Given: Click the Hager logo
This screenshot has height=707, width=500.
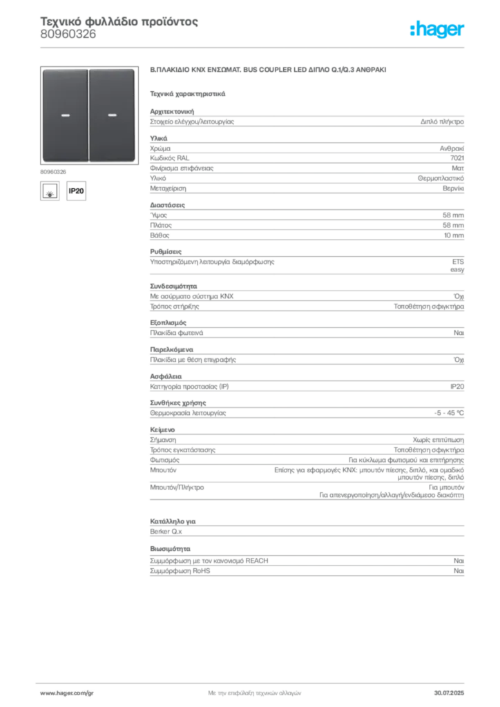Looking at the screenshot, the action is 436,29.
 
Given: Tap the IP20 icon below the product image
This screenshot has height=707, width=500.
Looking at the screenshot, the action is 76,191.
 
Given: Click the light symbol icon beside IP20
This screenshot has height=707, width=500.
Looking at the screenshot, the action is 50,191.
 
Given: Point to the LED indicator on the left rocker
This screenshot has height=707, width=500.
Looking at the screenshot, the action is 66,115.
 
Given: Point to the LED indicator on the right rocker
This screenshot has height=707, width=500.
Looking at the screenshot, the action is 113,115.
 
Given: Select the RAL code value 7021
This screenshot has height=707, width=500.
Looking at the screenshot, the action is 456,158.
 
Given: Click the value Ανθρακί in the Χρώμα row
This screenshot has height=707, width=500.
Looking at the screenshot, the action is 452,148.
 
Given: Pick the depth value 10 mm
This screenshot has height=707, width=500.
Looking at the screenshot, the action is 454,235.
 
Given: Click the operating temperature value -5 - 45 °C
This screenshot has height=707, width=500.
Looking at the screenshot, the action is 449,413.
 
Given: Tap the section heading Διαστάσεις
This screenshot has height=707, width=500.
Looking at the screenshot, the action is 167,204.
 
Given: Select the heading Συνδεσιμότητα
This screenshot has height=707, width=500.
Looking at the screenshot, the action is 173,286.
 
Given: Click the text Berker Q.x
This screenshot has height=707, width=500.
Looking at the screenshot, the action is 166,531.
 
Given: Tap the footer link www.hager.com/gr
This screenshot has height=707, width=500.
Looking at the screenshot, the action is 67,693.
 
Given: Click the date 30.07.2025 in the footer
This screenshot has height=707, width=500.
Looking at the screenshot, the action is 449,693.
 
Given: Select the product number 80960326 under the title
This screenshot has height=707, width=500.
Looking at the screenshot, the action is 68,35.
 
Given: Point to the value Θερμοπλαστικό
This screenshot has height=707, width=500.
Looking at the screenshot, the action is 441,178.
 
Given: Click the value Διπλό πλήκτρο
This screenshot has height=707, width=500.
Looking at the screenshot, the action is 442,122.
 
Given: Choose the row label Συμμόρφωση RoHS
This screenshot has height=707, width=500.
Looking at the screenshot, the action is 180,571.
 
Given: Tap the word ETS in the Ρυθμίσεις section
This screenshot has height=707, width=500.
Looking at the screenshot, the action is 458,262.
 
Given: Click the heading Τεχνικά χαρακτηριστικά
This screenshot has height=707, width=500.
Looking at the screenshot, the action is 188,94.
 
